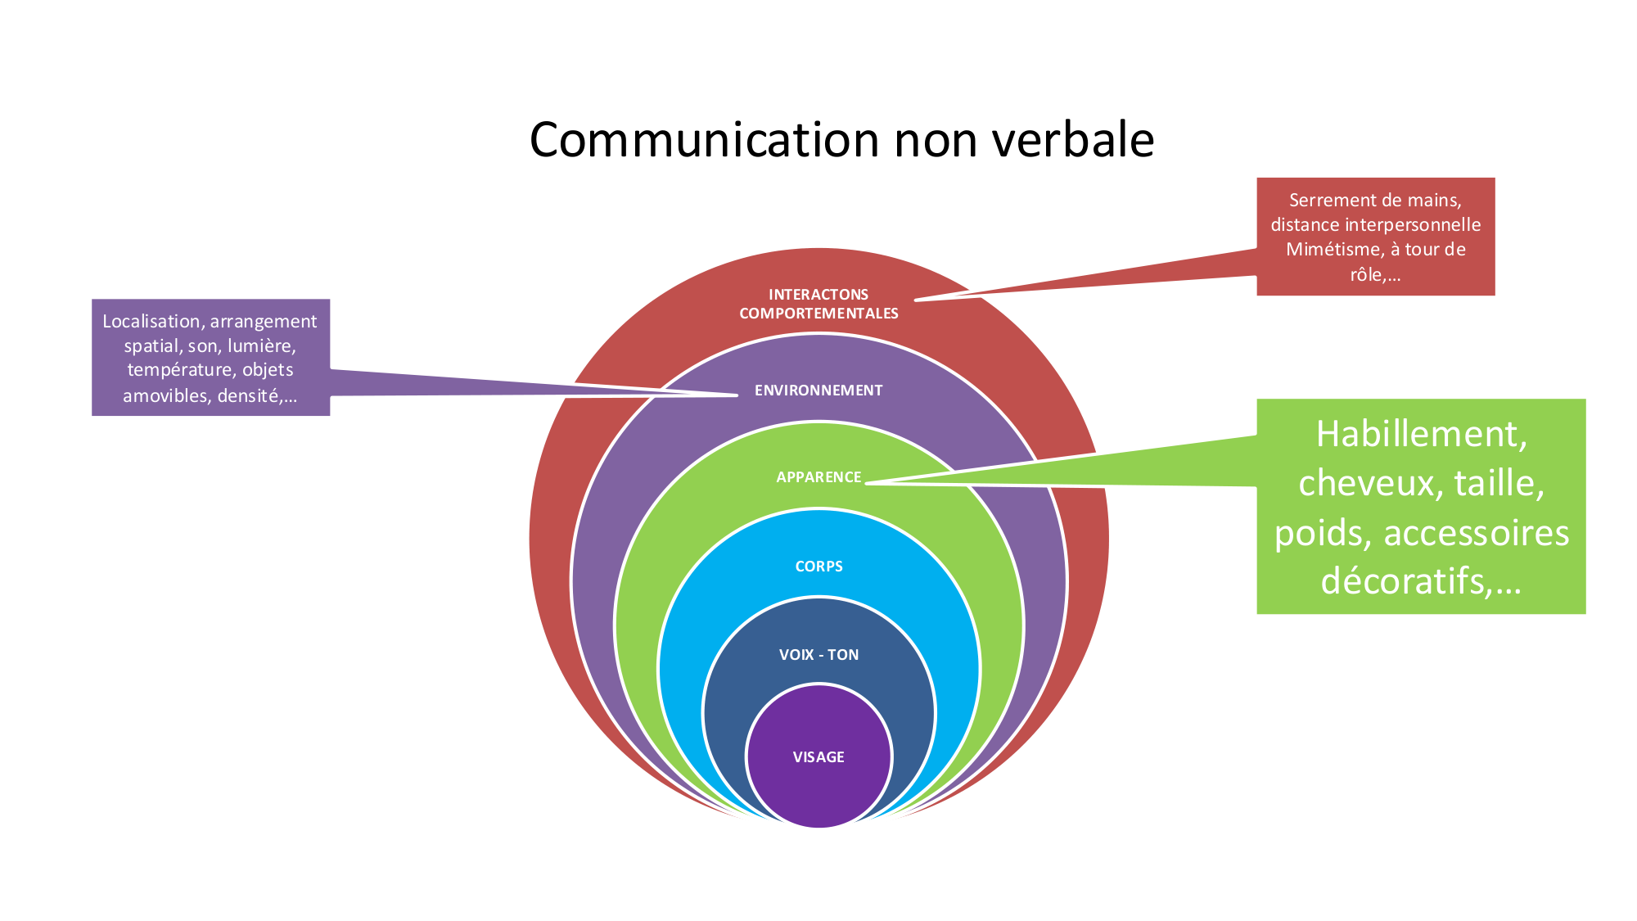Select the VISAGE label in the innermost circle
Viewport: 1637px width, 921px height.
[x=818, y=757]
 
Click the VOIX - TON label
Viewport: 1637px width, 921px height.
[x=818, y=655]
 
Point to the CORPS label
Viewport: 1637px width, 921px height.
[x=818, y=567]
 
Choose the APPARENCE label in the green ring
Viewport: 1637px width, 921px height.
[x=818, y=477]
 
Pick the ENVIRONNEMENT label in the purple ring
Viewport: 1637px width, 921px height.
[x=818, y=391]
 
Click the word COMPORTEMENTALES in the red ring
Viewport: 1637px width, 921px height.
[x=818, y=314]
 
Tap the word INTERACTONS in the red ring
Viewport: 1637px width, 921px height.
[x=818, y=295]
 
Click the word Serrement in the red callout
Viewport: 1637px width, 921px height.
[x=1327, y=201]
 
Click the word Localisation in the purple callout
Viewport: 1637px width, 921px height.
[x=149, y=322]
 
